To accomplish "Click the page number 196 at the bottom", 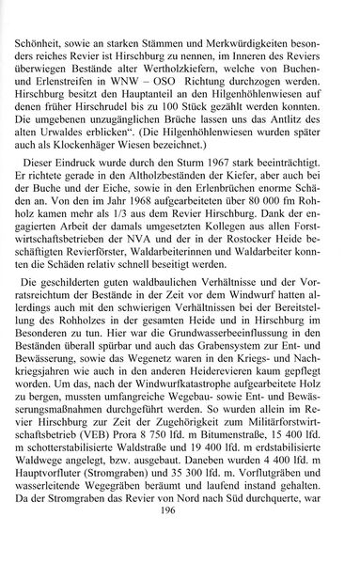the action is tap(181, 537).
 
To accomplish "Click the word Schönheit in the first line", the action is tap(62, 17).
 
